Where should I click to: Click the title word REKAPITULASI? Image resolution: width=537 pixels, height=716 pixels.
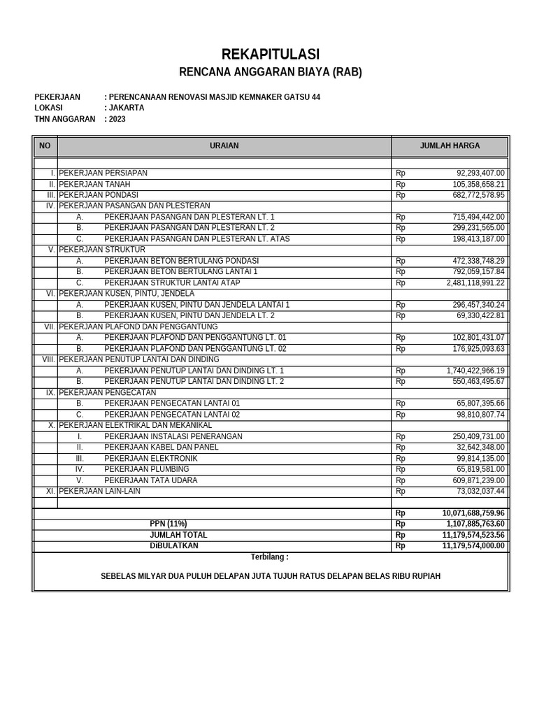[x=270, y=54]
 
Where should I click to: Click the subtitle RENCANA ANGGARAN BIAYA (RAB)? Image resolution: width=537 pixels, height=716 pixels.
[x=271, y=72]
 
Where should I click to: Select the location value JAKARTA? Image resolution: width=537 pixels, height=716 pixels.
[x=126, y=108]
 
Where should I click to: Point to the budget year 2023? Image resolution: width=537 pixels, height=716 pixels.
[x=117, y=120]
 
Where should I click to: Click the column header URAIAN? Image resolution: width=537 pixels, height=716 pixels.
[x=224, y=146]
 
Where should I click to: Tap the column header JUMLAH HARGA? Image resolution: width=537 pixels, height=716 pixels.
[x=450, y=146]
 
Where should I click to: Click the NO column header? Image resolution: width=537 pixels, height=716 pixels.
[x=45, y=146]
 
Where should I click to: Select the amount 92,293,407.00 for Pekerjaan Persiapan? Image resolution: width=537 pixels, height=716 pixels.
[x=480, y=173]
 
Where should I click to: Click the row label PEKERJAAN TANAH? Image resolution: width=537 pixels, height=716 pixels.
[x=94, y=184]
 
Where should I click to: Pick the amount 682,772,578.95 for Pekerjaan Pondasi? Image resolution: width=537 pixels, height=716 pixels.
[x=478, y=195]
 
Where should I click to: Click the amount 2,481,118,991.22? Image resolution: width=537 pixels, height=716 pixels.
[x=475, y=283]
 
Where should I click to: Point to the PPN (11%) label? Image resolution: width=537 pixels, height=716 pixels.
[x=169, y=524]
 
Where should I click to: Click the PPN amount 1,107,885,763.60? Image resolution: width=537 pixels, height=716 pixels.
[x=473, y=524]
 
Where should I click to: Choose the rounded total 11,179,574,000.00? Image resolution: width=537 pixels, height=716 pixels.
[x=473, y=546]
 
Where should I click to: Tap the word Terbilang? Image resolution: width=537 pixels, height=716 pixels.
[x=269, y=557]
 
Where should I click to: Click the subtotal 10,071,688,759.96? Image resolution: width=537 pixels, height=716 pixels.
[x=473, y=513]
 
